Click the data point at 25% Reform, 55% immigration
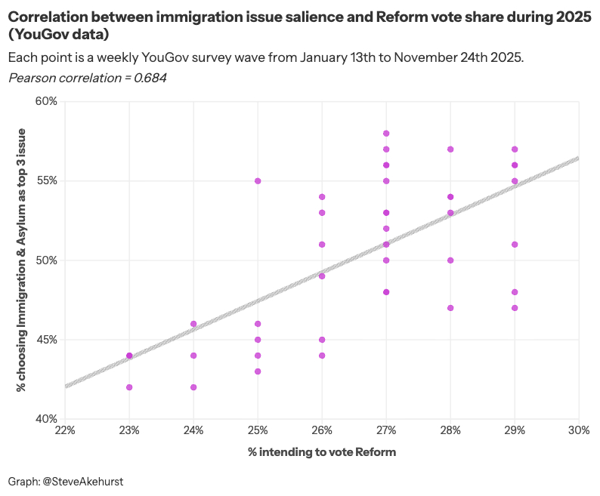click(x=258, y=181)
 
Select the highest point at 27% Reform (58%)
click(x=386, y=134)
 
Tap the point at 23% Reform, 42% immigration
click(x=129, y=387)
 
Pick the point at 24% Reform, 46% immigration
click(x=193, y=324)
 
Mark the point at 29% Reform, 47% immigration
click(x=515, y=308)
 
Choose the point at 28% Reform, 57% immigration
click(x=450, y=149)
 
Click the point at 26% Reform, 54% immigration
click(x=322, y=197)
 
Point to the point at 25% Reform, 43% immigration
click(x=258, y=371)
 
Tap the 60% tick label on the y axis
click(x=46, y=102)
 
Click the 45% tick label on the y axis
click(x=46, y=340)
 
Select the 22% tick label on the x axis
click(x=65, y=430)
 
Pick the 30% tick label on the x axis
click(x=578, y=430)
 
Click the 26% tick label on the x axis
click(x=322, y=430)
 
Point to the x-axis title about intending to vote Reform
click(x=322, y=451)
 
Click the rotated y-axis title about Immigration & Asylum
click(x=22, y=260)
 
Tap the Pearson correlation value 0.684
click(x=150, y=78)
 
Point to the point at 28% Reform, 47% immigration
click(x=450, y=308)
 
